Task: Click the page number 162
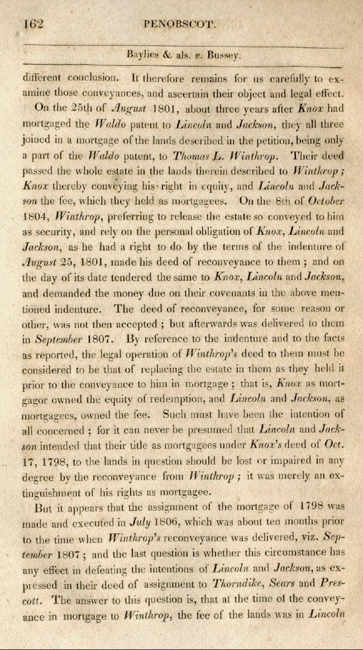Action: pyautogui.click(x=34, y=25)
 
